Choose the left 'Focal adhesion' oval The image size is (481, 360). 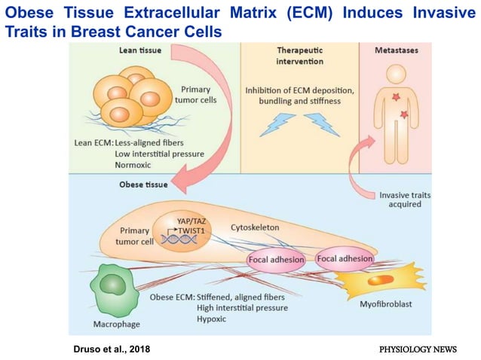click(x=275, y=261)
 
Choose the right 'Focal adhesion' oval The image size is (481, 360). click(x=345, y=259)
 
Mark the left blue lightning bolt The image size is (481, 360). click(x=276, y=123)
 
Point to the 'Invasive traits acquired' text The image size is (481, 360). click(x=405, y=200)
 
